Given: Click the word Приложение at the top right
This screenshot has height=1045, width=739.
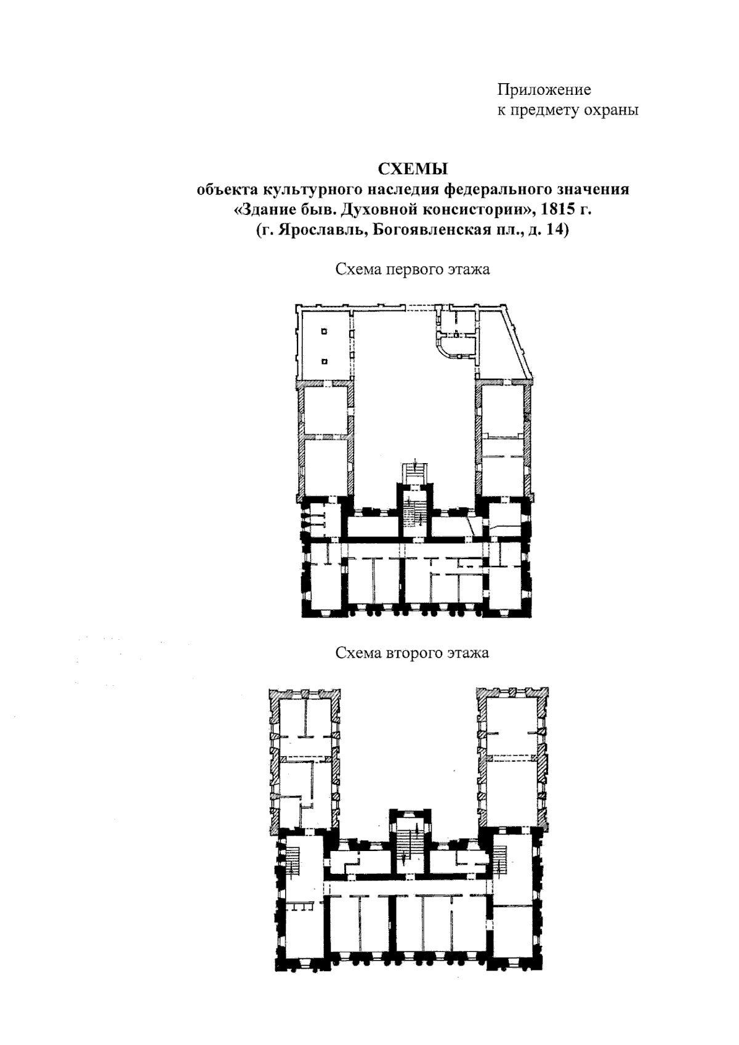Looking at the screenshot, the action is tap(544, 89).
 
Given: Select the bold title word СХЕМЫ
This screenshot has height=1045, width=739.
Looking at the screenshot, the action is tap(413, 169).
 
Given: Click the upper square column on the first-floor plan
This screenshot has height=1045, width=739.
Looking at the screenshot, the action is tap(324, 332).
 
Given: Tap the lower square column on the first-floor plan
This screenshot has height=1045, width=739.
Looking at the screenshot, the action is tap(325, 361).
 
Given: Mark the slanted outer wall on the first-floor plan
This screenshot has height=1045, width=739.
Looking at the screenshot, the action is tap(518, 342).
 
